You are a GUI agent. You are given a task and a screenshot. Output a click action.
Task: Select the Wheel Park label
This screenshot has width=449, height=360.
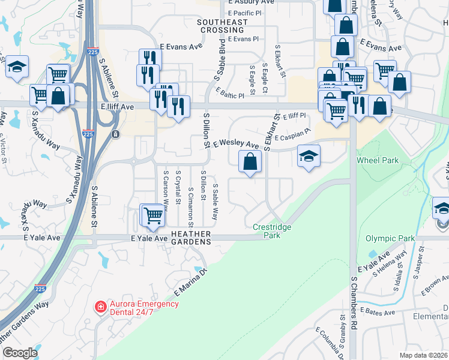tap(378, 161)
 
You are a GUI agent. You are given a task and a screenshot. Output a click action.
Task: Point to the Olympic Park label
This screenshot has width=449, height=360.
tap(390, 238)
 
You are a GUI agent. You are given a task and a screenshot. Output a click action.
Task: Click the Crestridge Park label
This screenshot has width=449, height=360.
tap(271, 231)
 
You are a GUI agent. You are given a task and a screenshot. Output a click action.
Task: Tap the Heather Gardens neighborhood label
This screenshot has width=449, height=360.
tap(191, 238)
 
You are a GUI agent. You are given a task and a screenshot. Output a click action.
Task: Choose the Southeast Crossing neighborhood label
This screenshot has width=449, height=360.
tap(222, 26)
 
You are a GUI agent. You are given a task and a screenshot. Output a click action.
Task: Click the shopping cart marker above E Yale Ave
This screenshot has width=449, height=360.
tap(153, 215)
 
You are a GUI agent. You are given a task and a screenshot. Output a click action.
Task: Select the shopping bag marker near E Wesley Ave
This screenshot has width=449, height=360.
tap(250, 161)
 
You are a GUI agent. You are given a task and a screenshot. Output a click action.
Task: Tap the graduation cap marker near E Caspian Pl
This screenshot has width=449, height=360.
tap(309, 157)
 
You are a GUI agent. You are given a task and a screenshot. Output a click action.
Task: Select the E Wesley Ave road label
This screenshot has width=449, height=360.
tap(235, 143)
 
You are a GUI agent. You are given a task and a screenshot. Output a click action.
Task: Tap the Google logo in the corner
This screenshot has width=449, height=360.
tap(20, 353)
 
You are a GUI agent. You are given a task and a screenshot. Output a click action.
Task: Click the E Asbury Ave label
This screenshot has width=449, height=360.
tap(250, 2)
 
